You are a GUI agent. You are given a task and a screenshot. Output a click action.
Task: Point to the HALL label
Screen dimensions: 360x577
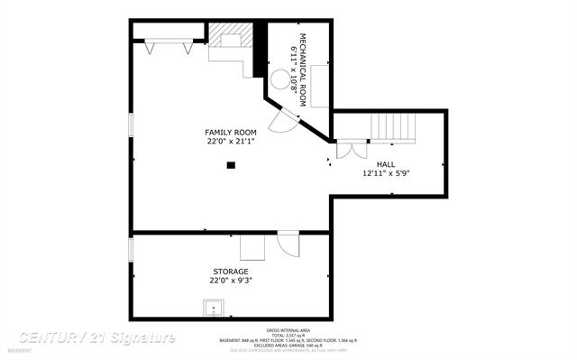(x=386, y=164)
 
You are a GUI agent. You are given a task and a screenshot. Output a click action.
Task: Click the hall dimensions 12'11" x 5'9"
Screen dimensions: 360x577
(x=386, y=173)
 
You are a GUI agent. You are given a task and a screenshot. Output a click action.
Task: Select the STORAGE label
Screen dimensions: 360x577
(x=231, y=271)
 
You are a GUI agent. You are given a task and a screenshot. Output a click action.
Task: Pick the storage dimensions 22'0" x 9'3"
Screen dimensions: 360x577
(x=231, y=280)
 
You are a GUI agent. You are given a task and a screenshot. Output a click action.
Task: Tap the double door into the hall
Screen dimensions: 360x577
(x=352, y=149)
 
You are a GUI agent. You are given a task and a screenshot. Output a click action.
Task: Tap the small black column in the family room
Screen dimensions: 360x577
(x=232, y=165)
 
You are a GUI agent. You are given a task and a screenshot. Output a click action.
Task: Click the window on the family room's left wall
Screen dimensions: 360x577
(x=131, y=126)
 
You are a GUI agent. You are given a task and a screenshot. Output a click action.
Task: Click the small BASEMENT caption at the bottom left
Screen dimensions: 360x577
(x=20, y=350)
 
